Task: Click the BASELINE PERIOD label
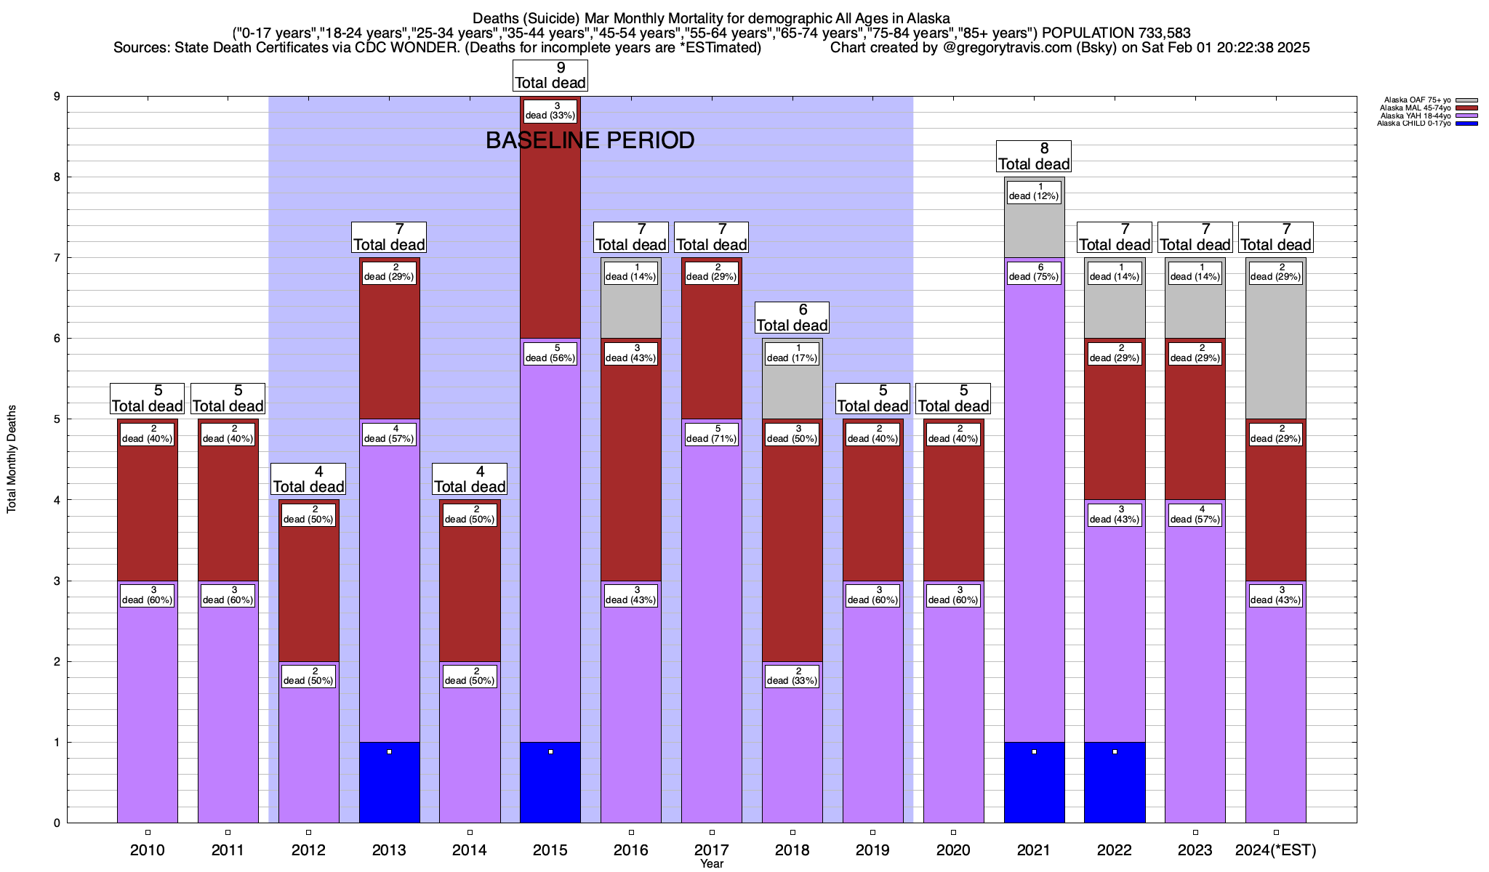(x=590, y=140)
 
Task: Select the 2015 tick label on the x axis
(x=550, y=850)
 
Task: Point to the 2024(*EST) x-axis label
(x=1276, y=850)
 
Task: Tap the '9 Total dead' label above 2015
(x=550, y=76)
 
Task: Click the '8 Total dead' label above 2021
(x=1034, y=156)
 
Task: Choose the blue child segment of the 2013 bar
(x=390, y=782)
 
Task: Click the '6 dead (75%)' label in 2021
(x=1034, y=272)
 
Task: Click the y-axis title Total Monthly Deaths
(x=12, y=459)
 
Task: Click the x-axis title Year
(x=712, y=864)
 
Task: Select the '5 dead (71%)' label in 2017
(x=712, y=434)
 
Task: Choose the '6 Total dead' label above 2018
(x=792, y=318)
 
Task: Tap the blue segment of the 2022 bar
(x=1115, y=782)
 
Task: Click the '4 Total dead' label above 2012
(x=309, y=479)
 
